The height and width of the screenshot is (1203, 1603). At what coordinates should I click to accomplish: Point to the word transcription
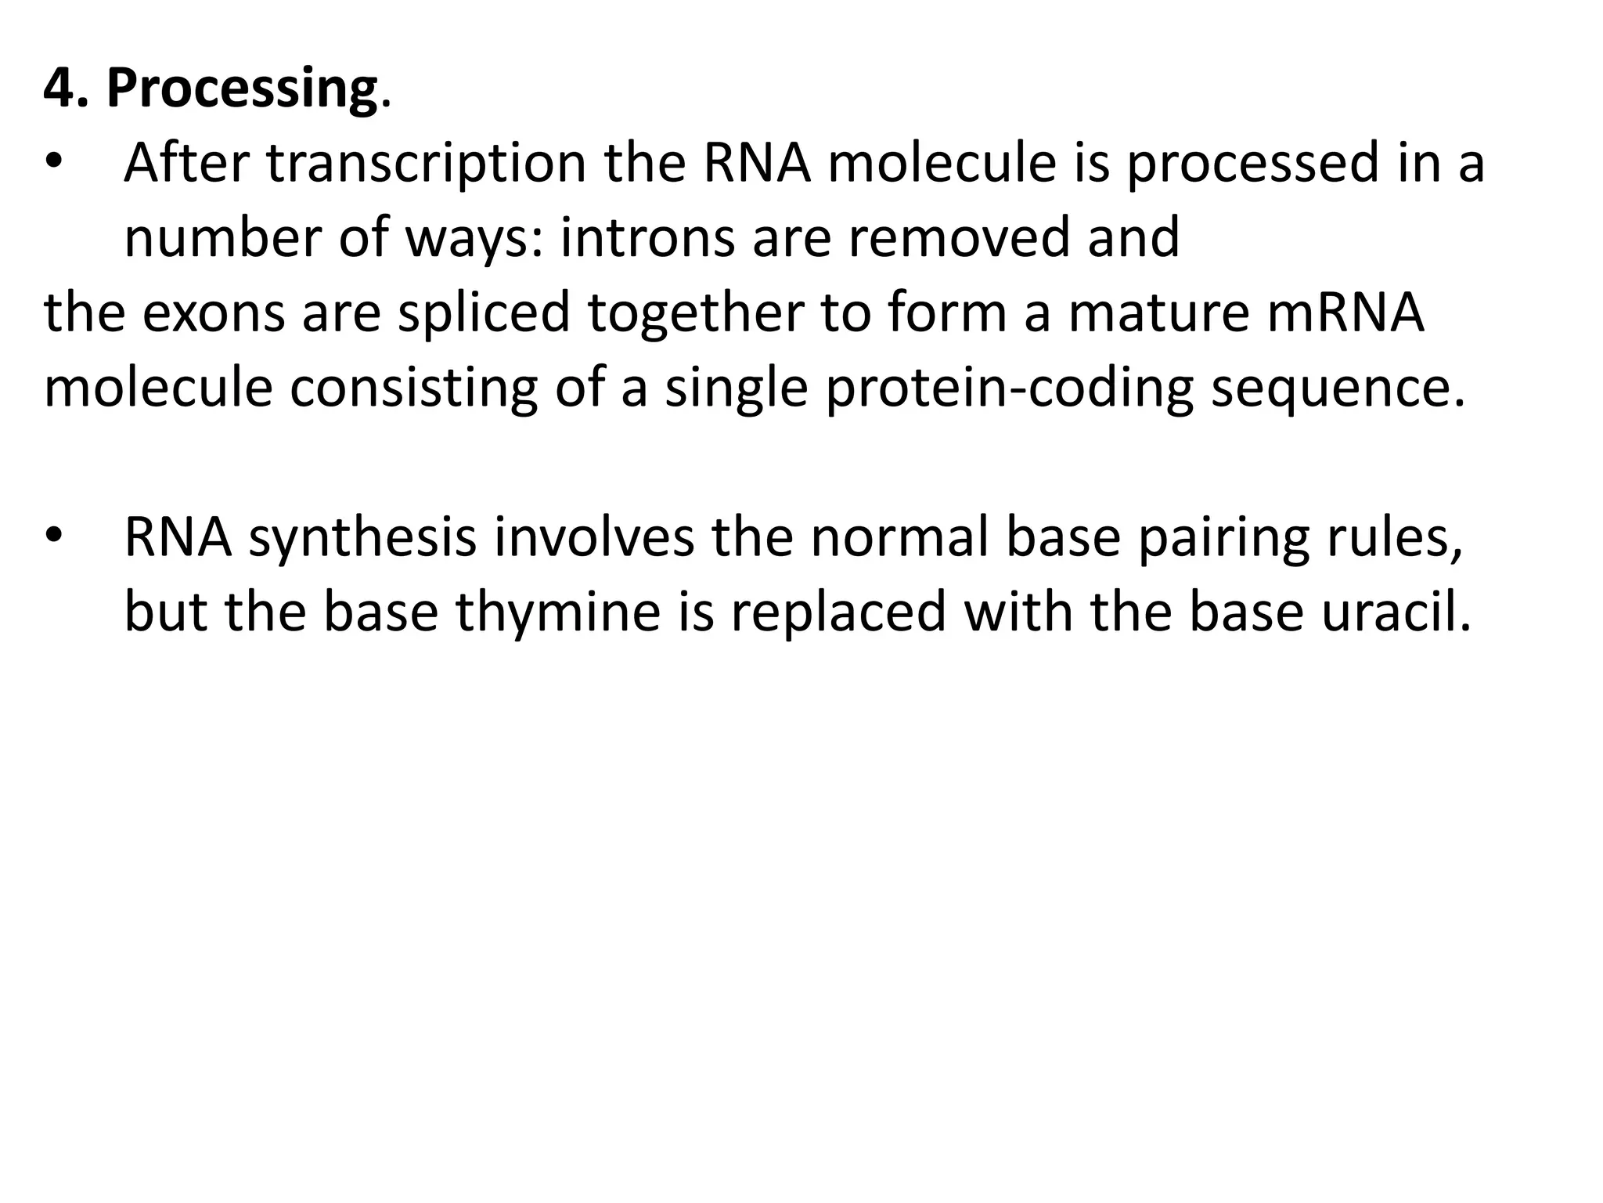coord(426,164)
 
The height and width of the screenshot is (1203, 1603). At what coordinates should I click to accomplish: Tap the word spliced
coord(484,312)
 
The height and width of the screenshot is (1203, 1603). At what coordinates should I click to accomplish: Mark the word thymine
coord(559,612)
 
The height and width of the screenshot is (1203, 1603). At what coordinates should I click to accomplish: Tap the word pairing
coord(1223,539)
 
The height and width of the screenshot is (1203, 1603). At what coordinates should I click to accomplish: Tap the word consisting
coord(413,389)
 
